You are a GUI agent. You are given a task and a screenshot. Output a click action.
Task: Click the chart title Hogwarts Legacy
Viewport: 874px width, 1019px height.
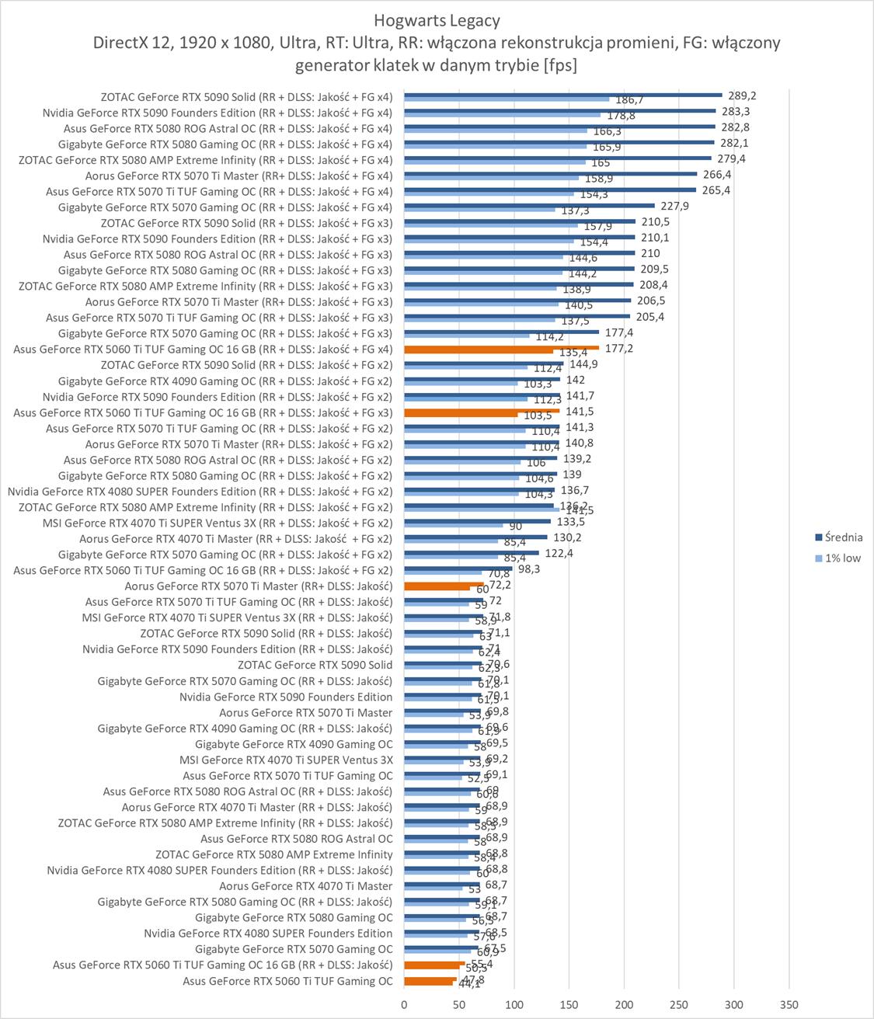(x=437, y=20)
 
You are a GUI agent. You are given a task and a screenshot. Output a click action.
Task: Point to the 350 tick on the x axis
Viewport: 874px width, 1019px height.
(x=789, y=1003)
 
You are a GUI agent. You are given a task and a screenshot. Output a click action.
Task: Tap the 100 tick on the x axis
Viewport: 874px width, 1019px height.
(x=514, y=1003)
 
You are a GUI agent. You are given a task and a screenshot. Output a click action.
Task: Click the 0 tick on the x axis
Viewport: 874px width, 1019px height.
(x=404, y=1003)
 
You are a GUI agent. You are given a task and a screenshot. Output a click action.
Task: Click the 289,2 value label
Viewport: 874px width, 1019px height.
(x=742, y=96)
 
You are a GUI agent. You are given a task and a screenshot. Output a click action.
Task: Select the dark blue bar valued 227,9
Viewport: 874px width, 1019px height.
(x=529, y=205)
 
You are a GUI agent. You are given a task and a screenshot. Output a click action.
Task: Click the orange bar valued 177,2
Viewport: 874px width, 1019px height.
(x=501, y=347)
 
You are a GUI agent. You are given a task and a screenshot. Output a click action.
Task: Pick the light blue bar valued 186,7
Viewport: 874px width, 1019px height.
(x=507, y=99)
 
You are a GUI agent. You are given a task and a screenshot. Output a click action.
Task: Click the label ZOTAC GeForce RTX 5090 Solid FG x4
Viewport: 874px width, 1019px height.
(x=246, y=97)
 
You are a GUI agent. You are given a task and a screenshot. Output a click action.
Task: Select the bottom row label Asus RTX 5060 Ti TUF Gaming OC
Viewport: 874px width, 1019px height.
(x=287, y=981)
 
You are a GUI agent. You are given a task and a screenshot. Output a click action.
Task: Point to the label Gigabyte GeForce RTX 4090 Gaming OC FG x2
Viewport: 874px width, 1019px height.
(x=225, y=381)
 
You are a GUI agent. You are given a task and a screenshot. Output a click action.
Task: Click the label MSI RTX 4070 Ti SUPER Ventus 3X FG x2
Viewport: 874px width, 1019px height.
(x=217, y=523)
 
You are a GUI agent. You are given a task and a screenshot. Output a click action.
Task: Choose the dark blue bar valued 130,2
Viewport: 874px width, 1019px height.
(x=475, y=537)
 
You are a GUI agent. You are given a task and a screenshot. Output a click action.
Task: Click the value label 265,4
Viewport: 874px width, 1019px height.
(x=716, y=190)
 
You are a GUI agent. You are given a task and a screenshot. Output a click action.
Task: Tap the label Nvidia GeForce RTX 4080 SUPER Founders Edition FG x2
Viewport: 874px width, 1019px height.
(x=200, y=492)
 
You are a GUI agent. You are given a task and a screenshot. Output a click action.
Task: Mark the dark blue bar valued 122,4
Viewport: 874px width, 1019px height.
(x=471, y=552)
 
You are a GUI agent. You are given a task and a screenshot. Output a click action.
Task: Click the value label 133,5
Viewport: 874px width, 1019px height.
(x=570, y=522)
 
